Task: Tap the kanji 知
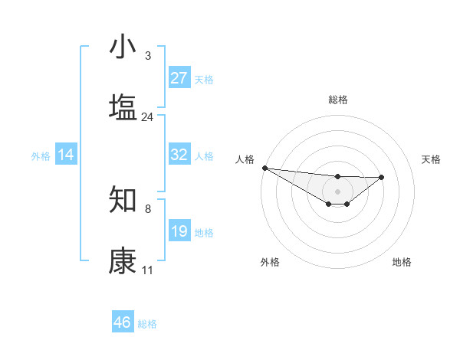tap(123, 200)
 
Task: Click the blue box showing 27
tap(179, 78)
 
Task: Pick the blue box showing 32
tap(179, 155)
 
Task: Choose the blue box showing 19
tap(179, 231)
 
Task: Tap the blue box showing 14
tap(66, 155)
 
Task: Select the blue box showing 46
tap(123, 322)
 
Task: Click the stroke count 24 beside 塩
tap(148, 117)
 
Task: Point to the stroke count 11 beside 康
tap(148, 270)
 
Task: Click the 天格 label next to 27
tap(204, 79)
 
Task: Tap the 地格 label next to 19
tap(204, 232)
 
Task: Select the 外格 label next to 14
tap(41, 155)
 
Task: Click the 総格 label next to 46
tap(147, 323)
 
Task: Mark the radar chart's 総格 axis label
tap(337, 100)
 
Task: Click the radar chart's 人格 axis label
tap(245, 159)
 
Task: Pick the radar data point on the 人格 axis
tap(264, 168)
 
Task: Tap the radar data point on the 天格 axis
tap(382, 177)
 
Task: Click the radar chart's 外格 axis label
tap(270, 262)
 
